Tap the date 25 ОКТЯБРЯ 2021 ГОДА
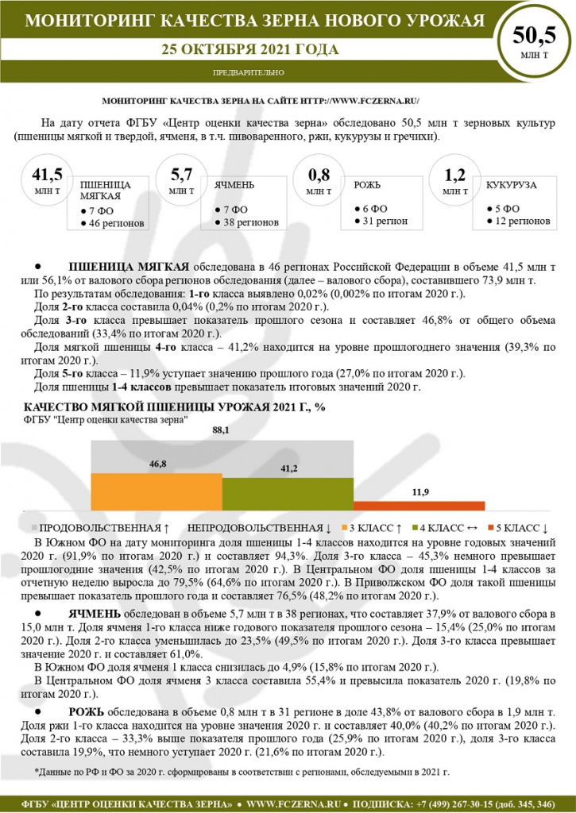250,49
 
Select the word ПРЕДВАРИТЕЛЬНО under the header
249,72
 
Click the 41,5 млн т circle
47,180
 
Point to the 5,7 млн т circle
182,180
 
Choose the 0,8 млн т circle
319,180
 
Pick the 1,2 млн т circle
454,180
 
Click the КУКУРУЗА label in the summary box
512,185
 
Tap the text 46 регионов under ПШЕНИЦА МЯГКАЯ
117,224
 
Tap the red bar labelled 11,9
419,506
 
